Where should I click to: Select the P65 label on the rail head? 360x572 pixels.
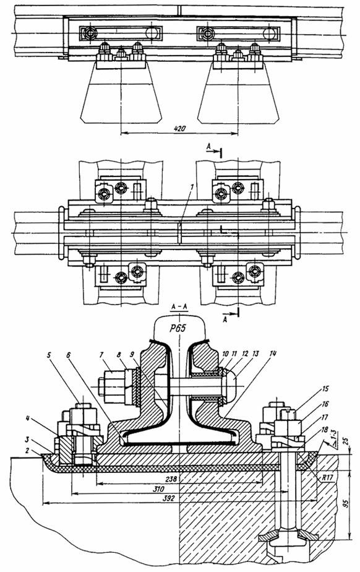pyautogui.click(x=178, y=328)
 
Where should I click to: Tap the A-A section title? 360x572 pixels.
pyautogui.click(x=179, y=308)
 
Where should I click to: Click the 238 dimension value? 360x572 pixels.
pyautogui.click(x=170, y=479)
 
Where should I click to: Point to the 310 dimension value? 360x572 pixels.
pyautogui.click(x=158, y=489)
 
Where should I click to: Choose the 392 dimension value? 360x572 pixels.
pyautogui.click(x=168, y=498)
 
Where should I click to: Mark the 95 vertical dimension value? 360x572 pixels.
pyautogui.click(x=346, y=504)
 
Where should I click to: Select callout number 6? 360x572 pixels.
pyautogui.click(x=69, y=354)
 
